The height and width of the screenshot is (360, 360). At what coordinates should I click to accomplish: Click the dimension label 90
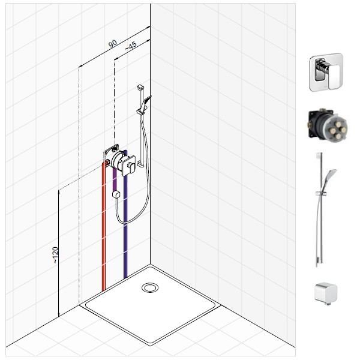coord(113,43)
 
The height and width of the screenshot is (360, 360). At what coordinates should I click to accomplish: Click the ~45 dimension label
coord(131,46)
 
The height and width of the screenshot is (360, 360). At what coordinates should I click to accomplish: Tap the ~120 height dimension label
coord(55,255)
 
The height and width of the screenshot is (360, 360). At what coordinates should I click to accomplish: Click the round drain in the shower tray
coord(150,287)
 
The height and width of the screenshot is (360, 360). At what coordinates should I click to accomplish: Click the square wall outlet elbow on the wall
coord(116,194)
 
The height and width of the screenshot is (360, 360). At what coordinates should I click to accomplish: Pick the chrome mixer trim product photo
coord(326,72)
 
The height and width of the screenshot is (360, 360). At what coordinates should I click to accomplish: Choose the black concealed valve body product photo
coord(328,125)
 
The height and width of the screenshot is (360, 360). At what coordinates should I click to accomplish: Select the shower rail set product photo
coord(324,209)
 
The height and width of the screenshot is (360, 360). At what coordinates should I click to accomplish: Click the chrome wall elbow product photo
coord(326,293)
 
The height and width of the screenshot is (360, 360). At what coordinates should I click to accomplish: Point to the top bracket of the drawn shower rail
coord(140,87)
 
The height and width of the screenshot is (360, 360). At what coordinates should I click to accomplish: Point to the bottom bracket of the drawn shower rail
coord(140,164)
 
